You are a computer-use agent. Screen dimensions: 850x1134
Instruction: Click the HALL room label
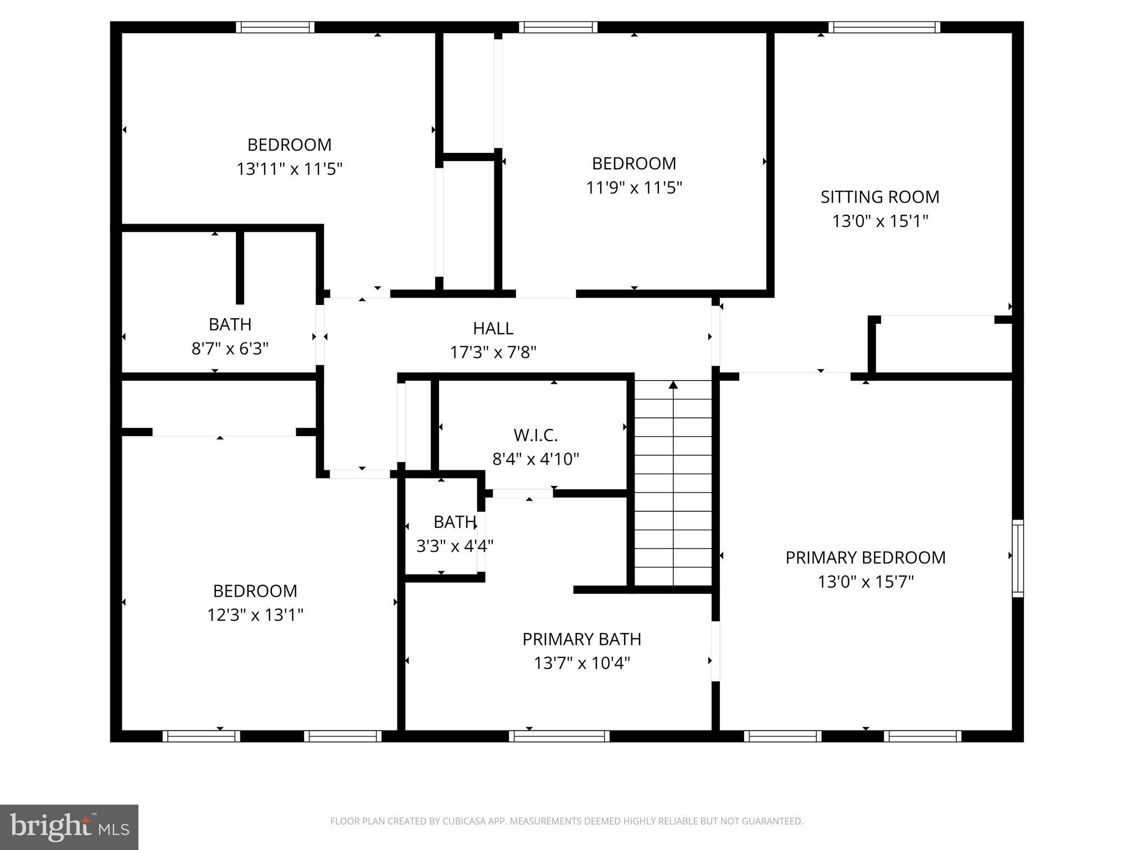coord(493,328)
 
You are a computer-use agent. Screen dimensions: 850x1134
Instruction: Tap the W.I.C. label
coord(535,436)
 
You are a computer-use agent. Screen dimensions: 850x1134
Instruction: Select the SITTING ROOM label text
coord(880,197)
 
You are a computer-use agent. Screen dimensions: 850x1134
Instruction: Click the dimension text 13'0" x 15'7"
coord(865,582)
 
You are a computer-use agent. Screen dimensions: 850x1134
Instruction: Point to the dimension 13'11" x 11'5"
coord(290,169)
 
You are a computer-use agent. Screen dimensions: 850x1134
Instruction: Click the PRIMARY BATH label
coord(581,639)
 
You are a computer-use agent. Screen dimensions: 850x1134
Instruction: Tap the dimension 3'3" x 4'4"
coord(455,546)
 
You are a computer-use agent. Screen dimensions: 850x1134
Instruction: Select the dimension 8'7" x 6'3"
coord(230,349)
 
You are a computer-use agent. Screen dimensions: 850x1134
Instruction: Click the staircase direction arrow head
coord(673,385)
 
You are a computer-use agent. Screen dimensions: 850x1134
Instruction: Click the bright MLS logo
coord(69,827)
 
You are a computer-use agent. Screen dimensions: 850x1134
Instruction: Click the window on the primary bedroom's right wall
coord(1018,558)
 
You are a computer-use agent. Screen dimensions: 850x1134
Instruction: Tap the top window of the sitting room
coord(884,27)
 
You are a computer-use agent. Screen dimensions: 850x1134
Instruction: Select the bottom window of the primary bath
coord(559,736)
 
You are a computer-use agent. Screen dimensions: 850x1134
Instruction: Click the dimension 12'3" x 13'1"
coord(255,615)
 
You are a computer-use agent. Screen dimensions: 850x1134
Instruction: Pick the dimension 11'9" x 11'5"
coord(634,188)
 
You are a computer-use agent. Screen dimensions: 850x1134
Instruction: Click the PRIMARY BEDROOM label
coord(865,558)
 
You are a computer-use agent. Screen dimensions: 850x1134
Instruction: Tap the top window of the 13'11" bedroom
coord(275,27)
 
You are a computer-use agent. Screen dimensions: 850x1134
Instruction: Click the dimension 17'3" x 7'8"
coord(493,352)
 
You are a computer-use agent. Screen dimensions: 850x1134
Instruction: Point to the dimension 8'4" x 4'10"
coord(535,459)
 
